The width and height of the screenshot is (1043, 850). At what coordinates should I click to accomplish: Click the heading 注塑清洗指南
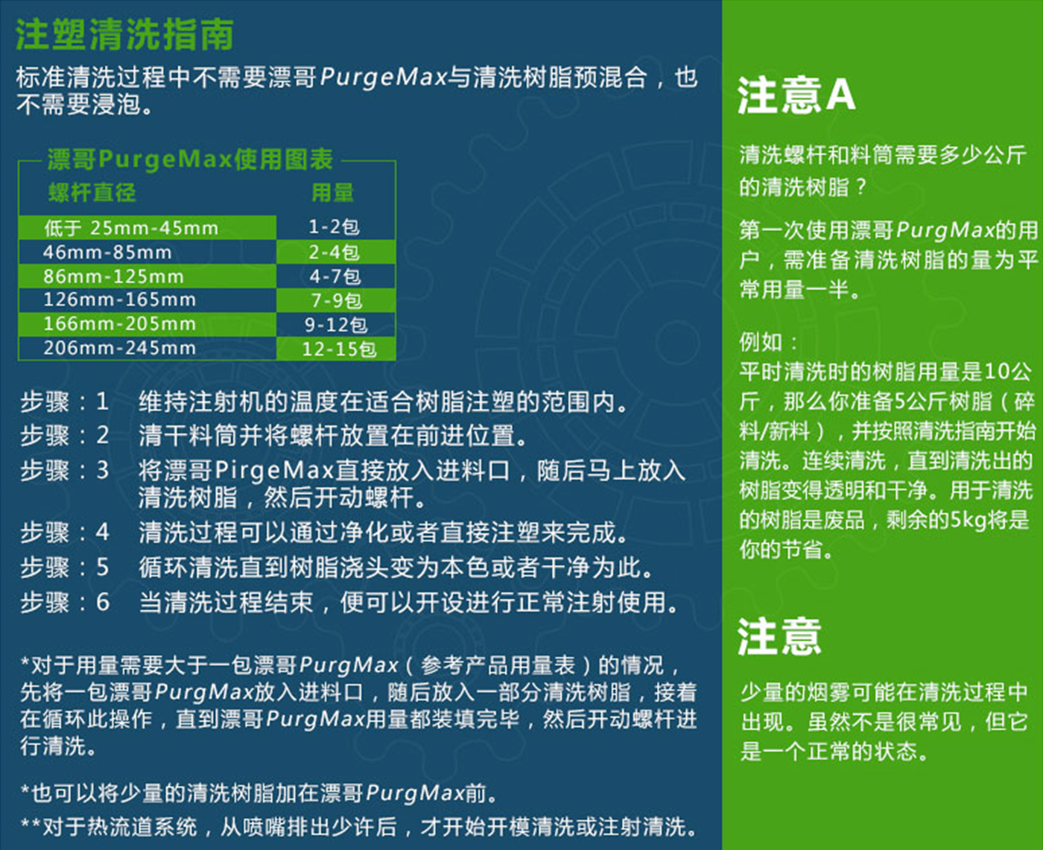coord(124,35)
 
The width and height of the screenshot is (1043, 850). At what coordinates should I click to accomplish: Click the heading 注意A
coord(796,95)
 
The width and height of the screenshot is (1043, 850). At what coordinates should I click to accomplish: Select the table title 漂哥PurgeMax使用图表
coord(190,159)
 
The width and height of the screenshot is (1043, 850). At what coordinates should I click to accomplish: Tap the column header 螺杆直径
coord(92,192)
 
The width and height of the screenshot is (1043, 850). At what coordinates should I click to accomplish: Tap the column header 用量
coord(333,192)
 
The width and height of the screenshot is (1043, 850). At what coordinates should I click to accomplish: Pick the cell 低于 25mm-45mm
coord(131,228)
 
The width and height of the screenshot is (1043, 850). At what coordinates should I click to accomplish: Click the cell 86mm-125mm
coord(113,276)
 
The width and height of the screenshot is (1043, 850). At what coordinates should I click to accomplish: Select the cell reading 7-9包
coord(337,300)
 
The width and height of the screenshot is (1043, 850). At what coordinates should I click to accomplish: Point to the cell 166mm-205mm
coord(119,323)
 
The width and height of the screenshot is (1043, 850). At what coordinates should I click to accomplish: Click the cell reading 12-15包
coord(339,349)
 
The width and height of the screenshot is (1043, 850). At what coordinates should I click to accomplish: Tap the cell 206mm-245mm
coord(119,348)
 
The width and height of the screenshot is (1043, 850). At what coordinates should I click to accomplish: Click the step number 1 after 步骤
coord(102,402)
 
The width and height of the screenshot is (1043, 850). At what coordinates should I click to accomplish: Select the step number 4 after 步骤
coord(102,532)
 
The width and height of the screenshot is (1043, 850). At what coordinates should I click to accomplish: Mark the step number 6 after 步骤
coord(102,602)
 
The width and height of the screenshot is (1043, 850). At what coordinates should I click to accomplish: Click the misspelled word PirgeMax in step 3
coord(274,471)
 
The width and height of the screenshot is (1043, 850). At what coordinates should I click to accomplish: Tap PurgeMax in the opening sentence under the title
coord(384,78)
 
